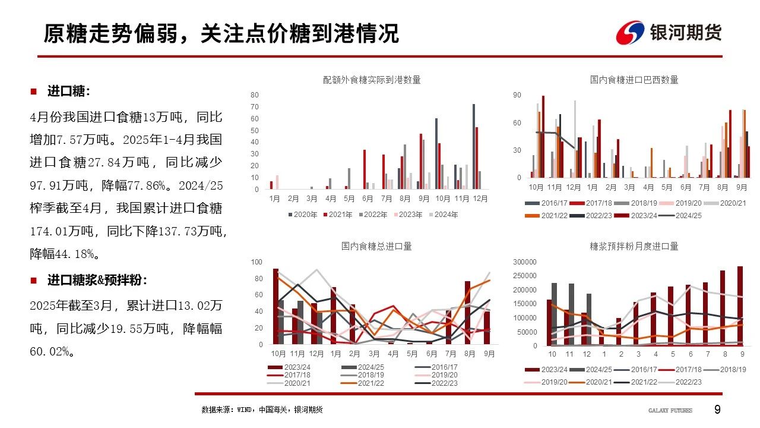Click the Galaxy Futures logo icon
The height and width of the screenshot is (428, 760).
[630, 33]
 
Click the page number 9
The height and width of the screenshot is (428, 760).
[717, 410]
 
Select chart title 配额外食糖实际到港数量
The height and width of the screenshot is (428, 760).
[372, 80]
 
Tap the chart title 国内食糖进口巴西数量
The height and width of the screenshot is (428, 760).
[634, 80]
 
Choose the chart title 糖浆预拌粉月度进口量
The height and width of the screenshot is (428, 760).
[634, 246]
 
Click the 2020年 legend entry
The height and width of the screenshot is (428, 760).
[305, 215]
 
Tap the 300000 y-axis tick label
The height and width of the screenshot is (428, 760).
[524, 262]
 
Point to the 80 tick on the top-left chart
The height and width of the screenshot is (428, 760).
[254, 95]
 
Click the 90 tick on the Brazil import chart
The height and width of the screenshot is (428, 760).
[517, 95]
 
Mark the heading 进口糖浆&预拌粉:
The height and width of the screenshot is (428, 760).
[97, 280]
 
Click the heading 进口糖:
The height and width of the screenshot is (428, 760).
[69, 92]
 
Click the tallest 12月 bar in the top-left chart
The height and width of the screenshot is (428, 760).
[474, 147]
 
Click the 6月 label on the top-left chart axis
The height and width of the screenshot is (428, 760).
[368, 198]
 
